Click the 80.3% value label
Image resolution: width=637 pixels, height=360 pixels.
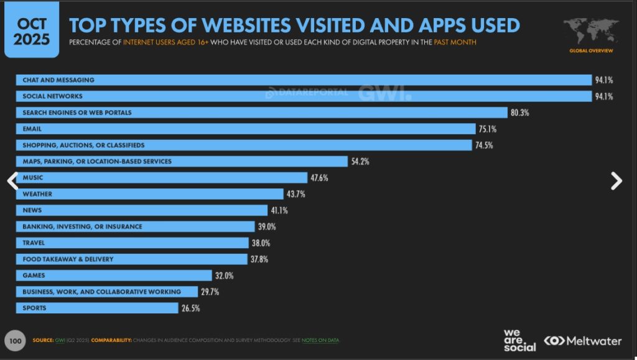pyautogui.click(x=521, y=113)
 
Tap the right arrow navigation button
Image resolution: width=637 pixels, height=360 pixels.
pyautogui.click(x=616, y=180)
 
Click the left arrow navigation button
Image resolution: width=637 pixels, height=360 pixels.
pyautogui.click(x=12, y=180)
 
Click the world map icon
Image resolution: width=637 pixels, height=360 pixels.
pyautogui.click(x=591, y=31)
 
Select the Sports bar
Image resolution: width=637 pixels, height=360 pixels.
pyautogui.click(x=97, y=308)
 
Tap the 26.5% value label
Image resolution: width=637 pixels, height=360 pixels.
pyautogui.click(x=191, y=308)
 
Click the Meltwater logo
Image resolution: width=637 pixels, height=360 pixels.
pyautogui.click(x=583, y=341)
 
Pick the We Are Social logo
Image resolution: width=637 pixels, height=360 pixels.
pyautogui.click(x=519, y=340)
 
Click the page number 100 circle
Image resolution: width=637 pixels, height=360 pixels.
pyautogui.click(x=15, y=341)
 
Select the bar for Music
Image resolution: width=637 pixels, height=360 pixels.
pyautogui.click(x=162, y=178)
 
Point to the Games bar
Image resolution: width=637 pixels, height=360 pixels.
pyautogui.click(x=114, y=275)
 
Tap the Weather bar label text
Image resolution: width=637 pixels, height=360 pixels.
pyautogui.click(x=37, y=194)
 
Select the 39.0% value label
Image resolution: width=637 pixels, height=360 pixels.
pyautogui.click(x=267, y=226)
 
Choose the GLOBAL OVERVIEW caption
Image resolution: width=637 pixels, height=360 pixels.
pyautogui.click(x=591, y=50)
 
